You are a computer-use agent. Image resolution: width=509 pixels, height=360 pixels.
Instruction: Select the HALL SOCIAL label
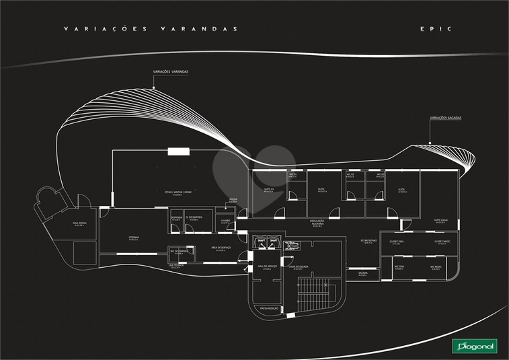pyautogui.click(x=79, y=224)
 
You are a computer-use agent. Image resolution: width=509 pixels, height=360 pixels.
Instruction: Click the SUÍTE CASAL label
pyautogui.click(x=441, y=221)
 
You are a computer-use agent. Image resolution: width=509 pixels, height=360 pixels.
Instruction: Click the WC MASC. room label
pyautogui.click(x=435, y=267)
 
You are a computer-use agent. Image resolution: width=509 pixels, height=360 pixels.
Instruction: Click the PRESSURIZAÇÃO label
pyautogui.click(x=270, y=308)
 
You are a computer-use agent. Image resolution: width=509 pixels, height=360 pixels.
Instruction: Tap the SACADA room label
pyautogui.click(x=362, y=273)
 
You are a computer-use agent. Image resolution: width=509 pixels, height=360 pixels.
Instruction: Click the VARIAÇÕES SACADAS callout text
pyautogui.click(x=445, y=118)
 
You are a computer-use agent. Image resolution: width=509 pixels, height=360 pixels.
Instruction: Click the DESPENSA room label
pyautogui.click(x=175, y=218)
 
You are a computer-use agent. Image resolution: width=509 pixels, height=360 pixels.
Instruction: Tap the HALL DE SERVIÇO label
pyautogui.click(x=268, y=266)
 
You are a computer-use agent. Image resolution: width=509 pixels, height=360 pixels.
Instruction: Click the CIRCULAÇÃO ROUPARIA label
pyautogui.click(x=317, y=223)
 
